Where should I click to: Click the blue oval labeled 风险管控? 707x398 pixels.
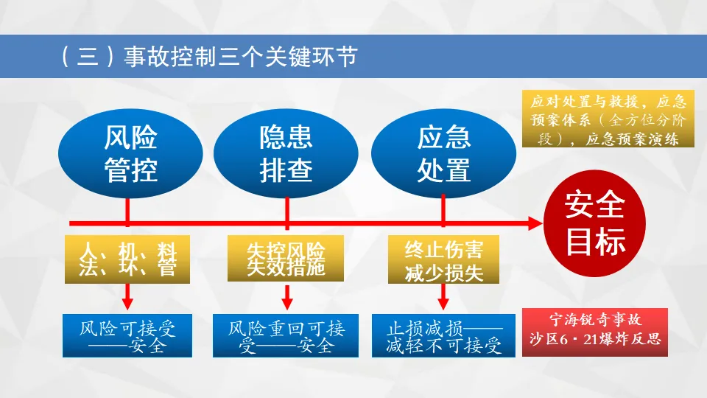[x=130, y=154]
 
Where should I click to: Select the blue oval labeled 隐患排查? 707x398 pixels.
[x=286, y=154]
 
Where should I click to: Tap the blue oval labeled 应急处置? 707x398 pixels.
[x=443, y=154]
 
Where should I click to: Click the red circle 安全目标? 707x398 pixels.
[x=594, y=223]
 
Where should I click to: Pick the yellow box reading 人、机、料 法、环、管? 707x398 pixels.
[x=127, y=259]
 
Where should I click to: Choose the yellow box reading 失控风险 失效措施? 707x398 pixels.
[x=286, y=259]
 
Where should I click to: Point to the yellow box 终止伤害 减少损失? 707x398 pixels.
[x=444, y=259]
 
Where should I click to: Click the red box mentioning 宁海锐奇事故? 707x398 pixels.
[x=596, y=331]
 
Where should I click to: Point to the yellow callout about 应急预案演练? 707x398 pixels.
[x=608, y=119]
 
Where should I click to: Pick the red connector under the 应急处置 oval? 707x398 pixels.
[x=443, y=209]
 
